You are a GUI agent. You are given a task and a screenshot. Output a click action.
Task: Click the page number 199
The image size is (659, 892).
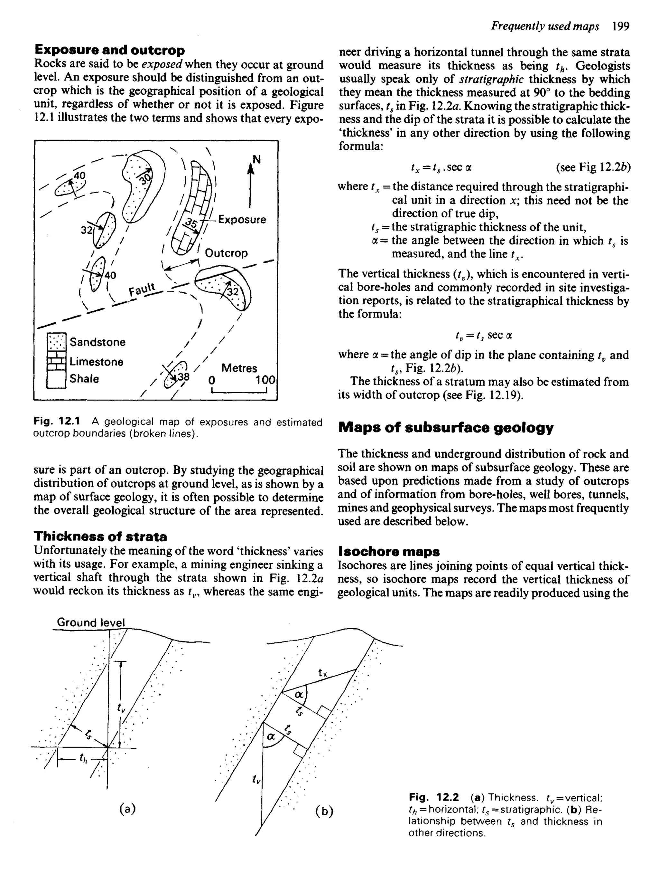click(x=620, y=26)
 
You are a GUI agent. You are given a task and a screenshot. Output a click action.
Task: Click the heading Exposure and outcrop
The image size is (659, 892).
click(x=110, y=50)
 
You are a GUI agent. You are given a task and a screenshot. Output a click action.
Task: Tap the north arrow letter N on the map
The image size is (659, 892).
click(x=256, y=160)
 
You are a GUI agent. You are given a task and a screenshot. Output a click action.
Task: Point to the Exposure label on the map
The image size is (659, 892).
click(x=242, y=220)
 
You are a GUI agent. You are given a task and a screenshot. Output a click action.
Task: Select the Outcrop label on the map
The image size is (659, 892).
click(x=226, y=253)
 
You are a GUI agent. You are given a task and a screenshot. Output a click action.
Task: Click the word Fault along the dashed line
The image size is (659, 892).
click(x=142, y=288)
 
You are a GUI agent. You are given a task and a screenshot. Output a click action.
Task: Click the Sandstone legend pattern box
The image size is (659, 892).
click(x=56, y=342)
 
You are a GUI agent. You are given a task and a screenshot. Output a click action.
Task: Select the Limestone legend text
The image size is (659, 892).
click(x=97, y=362)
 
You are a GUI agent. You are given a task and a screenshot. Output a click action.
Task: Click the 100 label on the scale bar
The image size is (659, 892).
click(x=265, y=380)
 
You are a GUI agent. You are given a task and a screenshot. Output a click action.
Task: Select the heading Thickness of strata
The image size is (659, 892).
click(x=100, y=536)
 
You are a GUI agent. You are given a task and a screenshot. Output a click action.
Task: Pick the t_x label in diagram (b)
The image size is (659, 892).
click(x=322, y=674)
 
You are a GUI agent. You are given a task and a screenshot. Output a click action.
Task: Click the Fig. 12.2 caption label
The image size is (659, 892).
click(x=434, y=797)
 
